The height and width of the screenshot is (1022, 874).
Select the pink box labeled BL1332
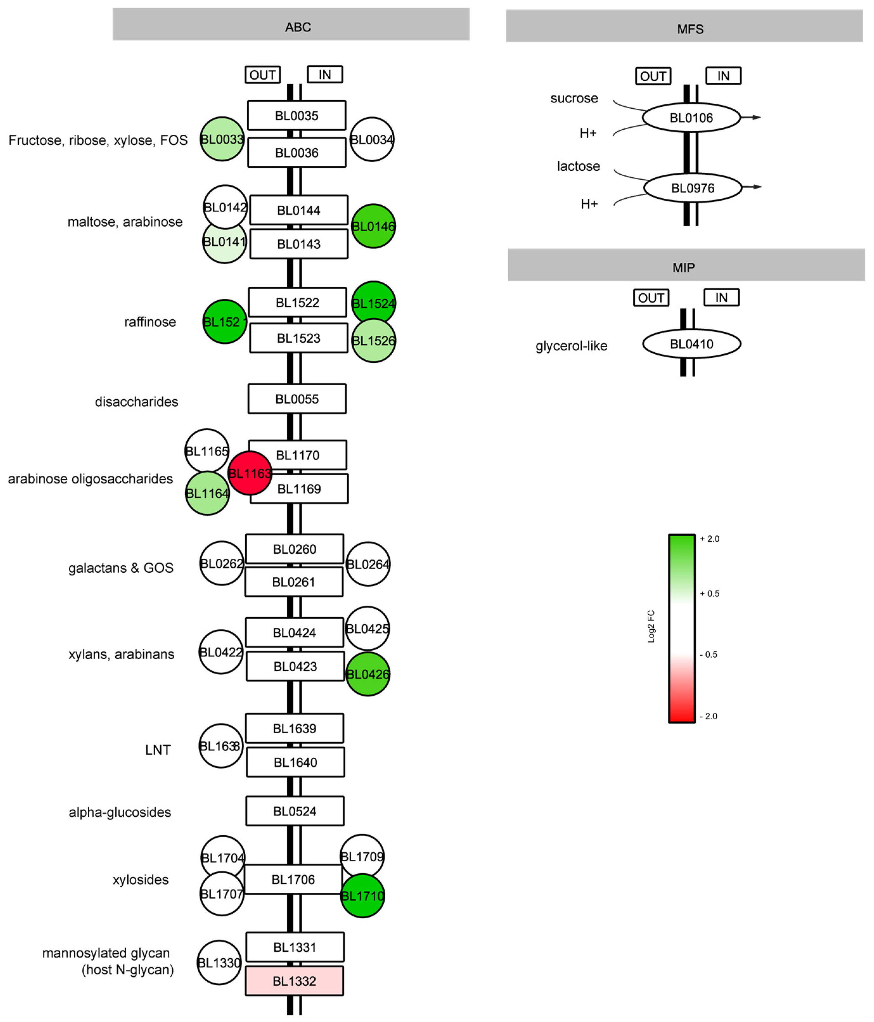294,980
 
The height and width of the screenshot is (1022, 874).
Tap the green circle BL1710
363,896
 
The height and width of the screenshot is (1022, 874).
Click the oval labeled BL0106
691,117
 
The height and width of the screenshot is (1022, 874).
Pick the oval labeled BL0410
691,344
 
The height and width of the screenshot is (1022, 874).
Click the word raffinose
150,322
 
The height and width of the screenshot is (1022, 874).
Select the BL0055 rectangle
297,399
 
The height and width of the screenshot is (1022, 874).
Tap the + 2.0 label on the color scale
710,539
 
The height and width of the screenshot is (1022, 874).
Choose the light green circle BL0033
222,139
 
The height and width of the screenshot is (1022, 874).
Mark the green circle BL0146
373,226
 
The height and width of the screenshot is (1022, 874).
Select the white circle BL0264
368,564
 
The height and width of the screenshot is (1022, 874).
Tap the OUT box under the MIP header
651,298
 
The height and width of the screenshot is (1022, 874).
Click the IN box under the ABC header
325,74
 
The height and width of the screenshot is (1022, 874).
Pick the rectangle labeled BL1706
293,879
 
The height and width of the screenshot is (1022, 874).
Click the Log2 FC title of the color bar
651,627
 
